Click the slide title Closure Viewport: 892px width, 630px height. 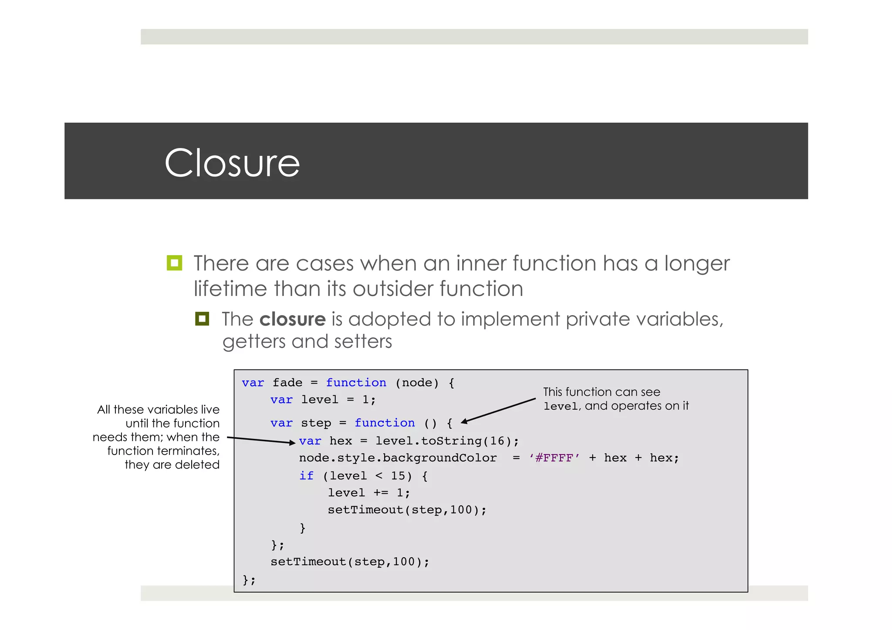coord(232,163)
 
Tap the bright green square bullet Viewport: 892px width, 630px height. coord(174,263)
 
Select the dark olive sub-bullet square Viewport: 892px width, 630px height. coord(202,319)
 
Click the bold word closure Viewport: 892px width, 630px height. coord(292,319)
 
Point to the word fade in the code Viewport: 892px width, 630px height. coord(287,383)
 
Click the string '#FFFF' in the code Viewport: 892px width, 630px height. coord(554,458)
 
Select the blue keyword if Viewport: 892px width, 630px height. coord(306,475)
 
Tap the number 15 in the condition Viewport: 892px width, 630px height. coord(398,475)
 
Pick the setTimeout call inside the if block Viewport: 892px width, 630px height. coord(407,510)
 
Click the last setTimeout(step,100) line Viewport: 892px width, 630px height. coord(349,562)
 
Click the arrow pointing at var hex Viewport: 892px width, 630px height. coord(261,440)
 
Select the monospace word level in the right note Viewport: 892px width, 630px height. coord(561,406)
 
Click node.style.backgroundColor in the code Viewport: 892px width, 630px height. coord(397,458)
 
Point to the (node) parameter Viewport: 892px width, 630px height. coord(417,383)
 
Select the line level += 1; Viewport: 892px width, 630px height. coord(368,493)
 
